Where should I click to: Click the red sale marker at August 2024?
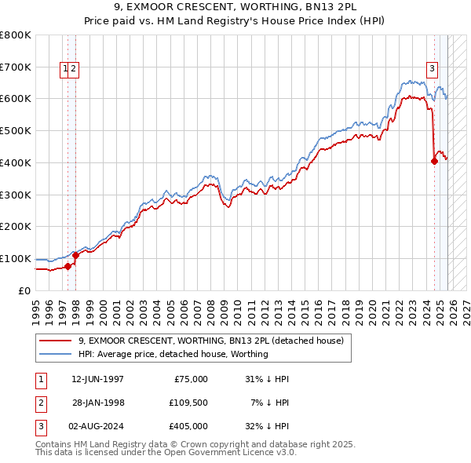tap(434, 162)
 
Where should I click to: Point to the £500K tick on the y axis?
tap(15, 130)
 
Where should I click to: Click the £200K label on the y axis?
tap(15, 226)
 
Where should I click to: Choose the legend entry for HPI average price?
tap(173, 354)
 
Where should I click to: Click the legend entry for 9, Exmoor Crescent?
tap(210, 341)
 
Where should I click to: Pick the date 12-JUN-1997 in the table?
tap(97, 379)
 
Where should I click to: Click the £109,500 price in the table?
tap(188, 403)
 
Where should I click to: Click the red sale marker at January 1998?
tap(75, 255)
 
